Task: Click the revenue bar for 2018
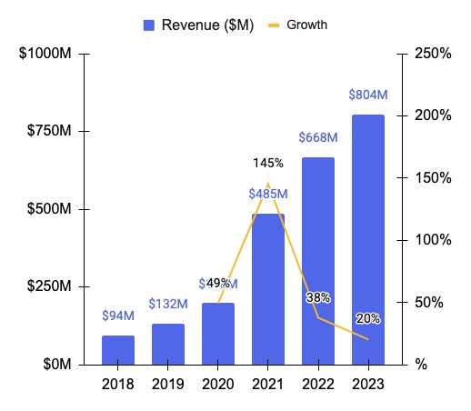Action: coord(118,350)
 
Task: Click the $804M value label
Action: coord(367,95)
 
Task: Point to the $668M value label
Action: coord(318,137)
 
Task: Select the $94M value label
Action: coord(118,316)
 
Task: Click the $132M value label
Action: coord(168,304)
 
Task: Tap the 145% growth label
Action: coord(268,164)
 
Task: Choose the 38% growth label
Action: coord(318,297)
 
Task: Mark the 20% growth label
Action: coord(368,318)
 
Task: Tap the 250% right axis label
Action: coord(431,55)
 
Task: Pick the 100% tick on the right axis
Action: coord(431,240)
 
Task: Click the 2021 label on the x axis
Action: coord(268,385)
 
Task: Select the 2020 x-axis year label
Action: coord(218,385)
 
